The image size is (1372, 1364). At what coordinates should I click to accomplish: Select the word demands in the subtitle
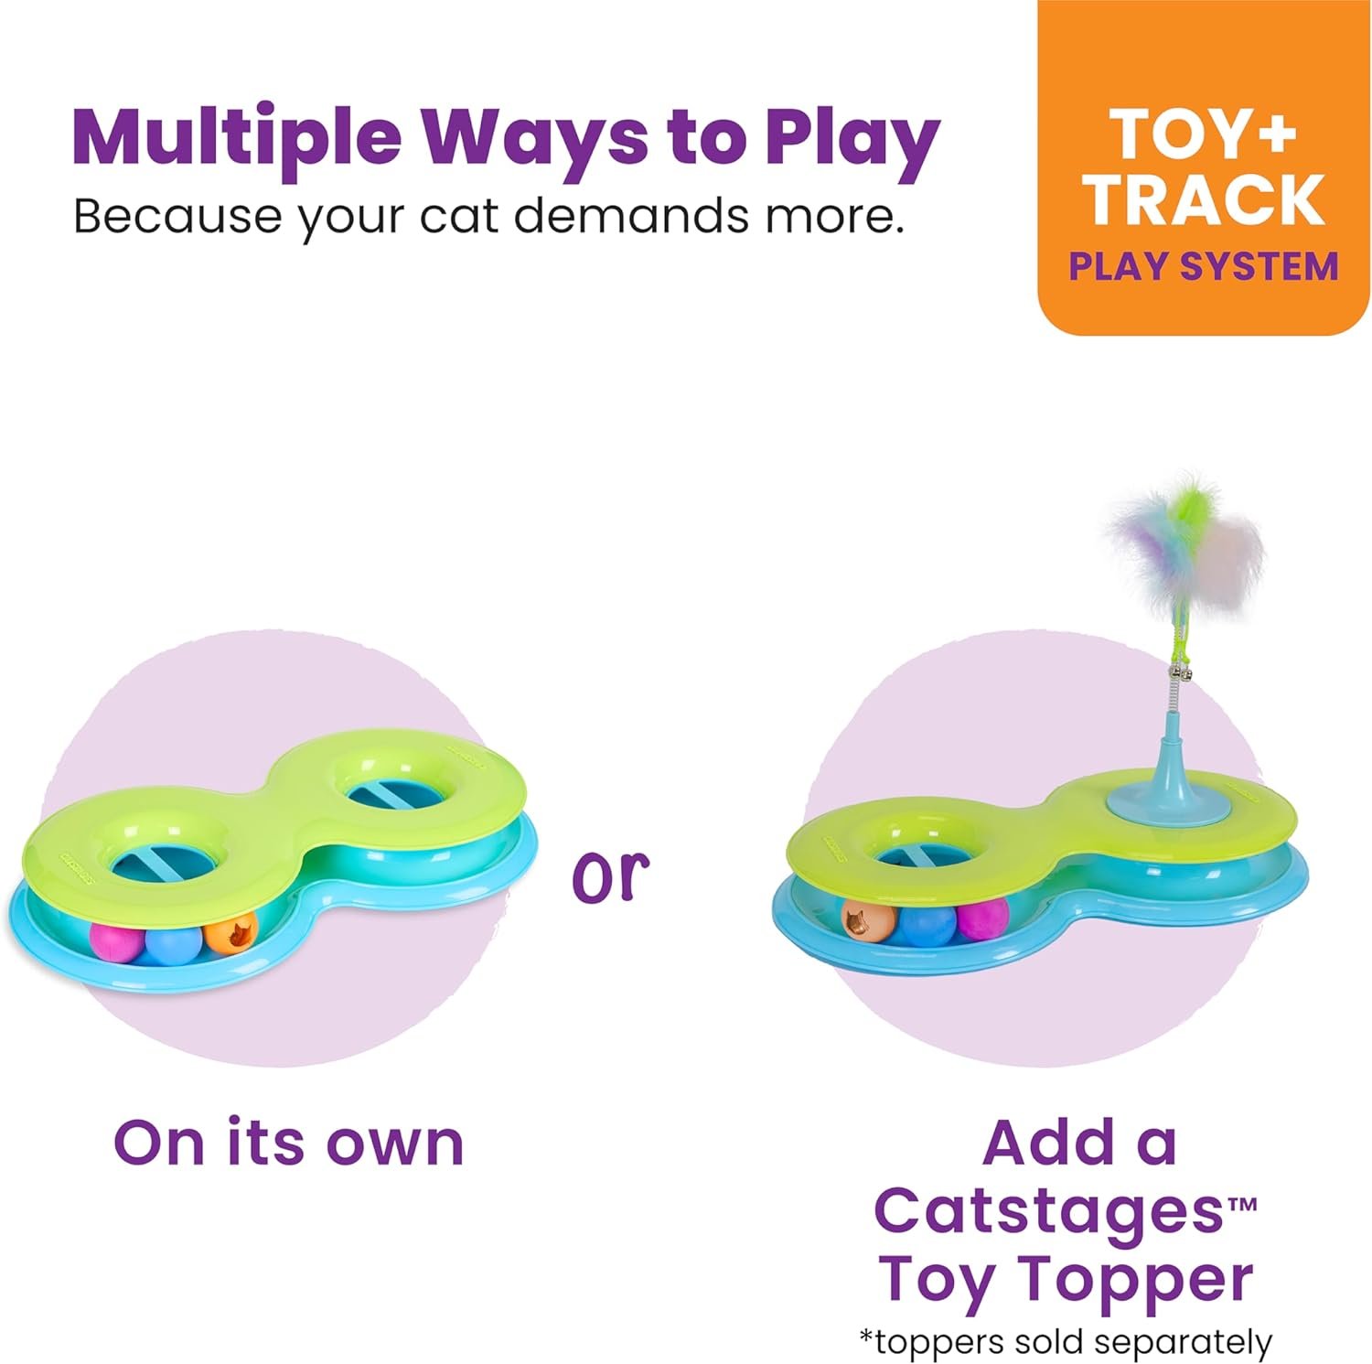(x=632, y=216)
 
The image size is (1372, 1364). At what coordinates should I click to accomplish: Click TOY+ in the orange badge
(x=1204, y=135)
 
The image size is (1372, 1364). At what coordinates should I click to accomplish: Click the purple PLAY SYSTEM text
(x=1204, y=266)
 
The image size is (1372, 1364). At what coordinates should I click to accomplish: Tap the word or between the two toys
(x=610, y=875)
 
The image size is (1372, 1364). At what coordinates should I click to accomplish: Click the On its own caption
(x=288, y=1143)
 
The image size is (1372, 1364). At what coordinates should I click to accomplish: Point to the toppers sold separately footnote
(x=1065, y=1342)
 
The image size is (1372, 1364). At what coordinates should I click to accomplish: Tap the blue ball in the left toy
(x=174, y=943)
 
